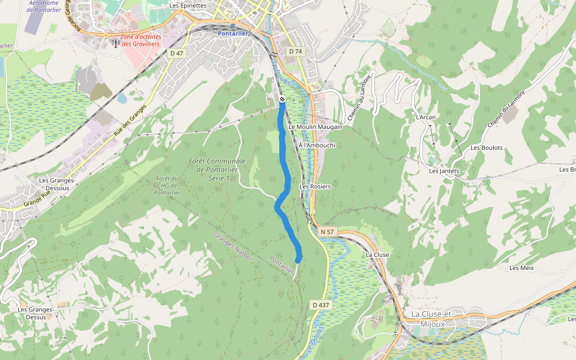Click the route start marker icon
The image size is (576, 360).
point(281,99)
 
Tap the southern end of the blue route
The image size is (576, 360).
point(298,260)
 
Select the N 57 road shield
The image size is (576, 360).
point(327,232)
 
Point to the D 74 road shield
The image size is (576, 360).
point(295,52)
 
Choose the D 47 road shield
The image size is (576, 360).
point(176,53)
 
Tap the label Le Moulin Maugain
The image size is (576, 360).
point(315,127)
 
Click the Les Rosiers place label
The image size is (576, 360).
point(315,187)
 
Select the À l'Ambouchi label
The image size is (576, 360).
point(316,145)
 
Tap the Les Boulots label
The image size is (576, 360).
point(487,148)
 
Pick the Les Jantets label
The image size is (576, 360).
point(444,171)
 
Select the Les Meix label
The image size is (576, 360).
point(521,268)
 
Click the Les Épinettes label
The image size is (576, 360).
point(188,5)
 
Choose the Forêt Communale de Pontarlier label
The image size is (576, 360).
point(217,170)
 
